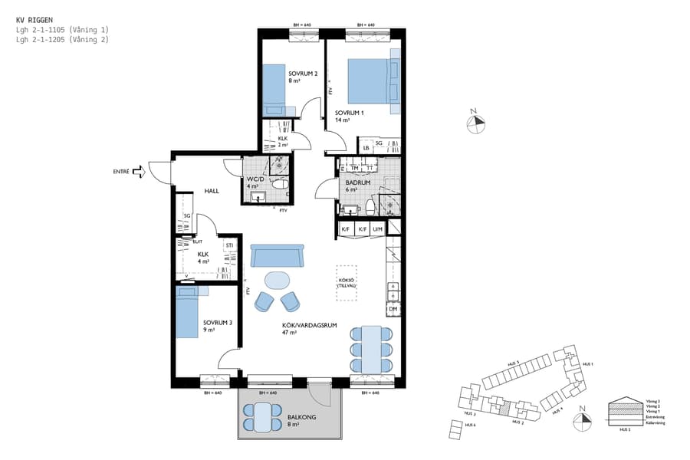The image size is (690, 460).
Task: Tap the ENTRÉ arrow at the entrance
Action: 138,172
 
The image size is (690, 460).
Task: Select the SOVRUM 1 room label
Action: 348,112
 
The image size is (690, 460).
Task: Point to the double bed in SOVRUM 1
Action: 373,80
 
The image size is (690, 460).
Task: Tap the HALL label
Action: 212,191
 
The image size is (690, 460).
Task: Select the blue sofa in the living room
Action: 278,255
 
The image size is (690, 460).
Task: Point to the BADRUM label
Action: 358,183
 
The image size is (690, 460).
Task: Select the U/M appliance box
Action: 376,228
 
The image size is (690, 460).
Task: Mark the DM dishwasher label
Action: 393,310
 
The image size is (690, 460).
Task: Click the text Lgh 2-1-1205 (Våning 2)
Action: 62,38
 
